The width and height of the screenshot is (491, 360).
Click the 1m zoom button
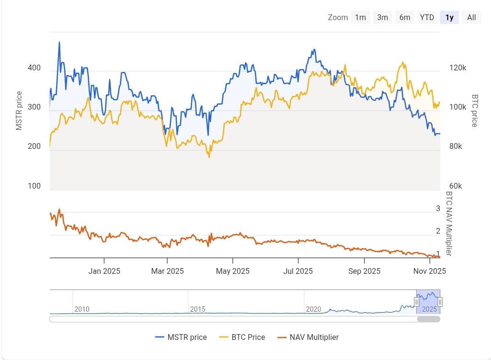360,18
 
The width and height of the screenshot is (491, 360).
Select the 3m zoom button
382,18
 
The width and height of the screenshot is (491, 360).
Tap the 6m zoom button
405,18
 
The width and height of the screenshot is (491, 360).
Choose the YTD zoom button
427,18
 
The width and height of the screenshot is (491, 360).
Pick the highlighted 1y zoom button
449,18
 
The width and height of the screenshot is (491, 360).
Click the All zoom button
471,18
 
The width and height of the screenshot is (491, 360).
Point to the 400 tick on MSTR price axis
34,68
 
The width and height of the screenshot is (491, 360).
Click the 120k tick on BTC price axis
457,68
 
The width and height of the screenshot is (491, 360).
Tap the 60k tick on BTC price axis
456,186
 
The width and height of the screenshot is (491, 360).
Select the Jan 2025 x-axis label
104,271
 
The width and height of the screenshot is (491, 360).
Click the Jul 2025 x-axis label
298,271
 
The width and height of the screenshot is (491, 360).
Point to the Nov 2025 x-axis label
430,271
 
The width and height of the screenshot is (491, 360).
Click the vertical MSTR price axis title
19,111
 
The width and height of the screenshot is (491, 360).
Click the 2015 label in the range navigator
197,309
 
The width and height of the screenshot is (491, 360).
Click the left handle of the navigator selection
417,302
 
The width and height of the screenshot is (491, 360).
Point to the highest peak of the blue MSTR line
59,42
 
